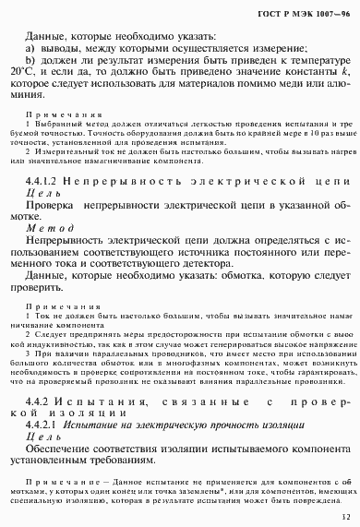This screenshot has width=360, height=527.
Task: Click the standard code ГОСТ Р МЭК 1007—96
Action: click(x=306, y=15)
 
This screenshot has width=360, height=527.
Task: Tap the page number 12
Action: click(x=344, y=517)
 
